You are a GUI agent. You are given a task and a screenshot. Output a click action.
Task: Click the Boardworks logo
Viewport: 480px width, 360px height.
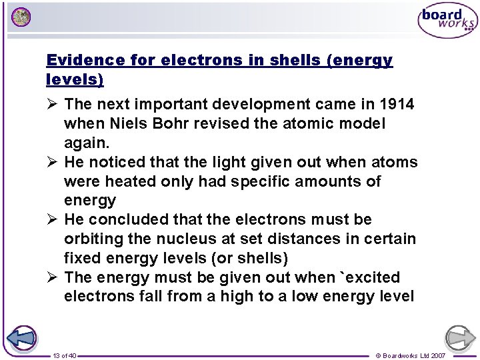coord(447,21)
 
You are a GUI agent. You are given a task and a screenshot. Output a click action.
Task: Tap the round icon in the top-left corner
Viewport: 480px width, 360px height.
coord(21,17)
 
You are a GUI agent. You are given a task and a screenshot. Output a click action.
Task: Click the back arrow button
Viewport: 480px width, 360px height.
coord(22,338)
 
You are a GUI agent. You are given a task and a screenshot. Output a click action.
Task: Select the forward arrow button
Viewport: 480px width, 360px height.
coord(460,338)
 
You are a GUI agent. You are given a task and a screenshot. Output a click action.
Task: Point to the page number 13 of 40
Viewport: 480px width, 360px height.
coord(65,356)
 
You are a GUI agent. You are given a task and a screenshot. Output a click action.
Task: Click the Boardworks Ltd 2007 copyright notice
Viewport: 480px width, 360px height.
coord(411,356)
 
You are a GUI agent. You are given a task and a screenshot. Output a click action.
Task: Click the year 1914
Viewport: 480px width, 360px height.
coord(396,105)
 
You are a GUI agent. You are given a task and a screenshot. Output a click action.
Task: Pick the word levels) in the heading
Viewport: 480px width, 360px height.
coord(75,80)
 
